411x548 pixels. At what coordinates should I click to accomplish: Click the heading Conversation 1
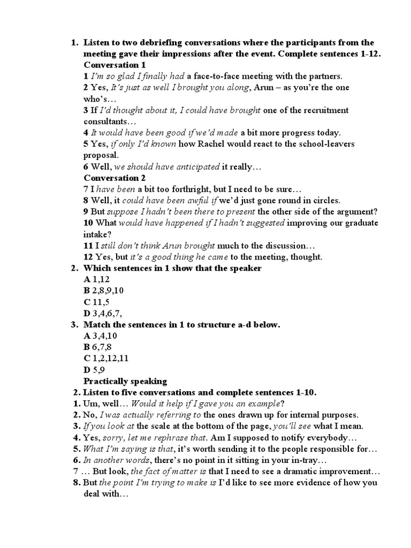(x=115, y=65)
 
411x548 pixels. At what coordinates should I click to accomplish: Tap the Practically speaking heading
(x=125, y=382)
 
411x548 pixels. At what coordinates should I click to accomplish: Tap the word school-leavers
(x=326, y=144)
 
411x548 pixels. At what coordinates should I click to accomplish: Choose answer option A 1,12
(x=95, y=279)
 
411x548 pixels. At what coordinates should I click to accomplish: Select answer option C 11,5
(x=96, y=302)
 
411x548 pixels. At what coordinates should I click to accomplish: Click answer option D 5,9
(x=94, y=370)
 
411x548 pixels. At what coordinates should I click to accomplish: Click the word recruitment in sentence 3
(x=322, y=110)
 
